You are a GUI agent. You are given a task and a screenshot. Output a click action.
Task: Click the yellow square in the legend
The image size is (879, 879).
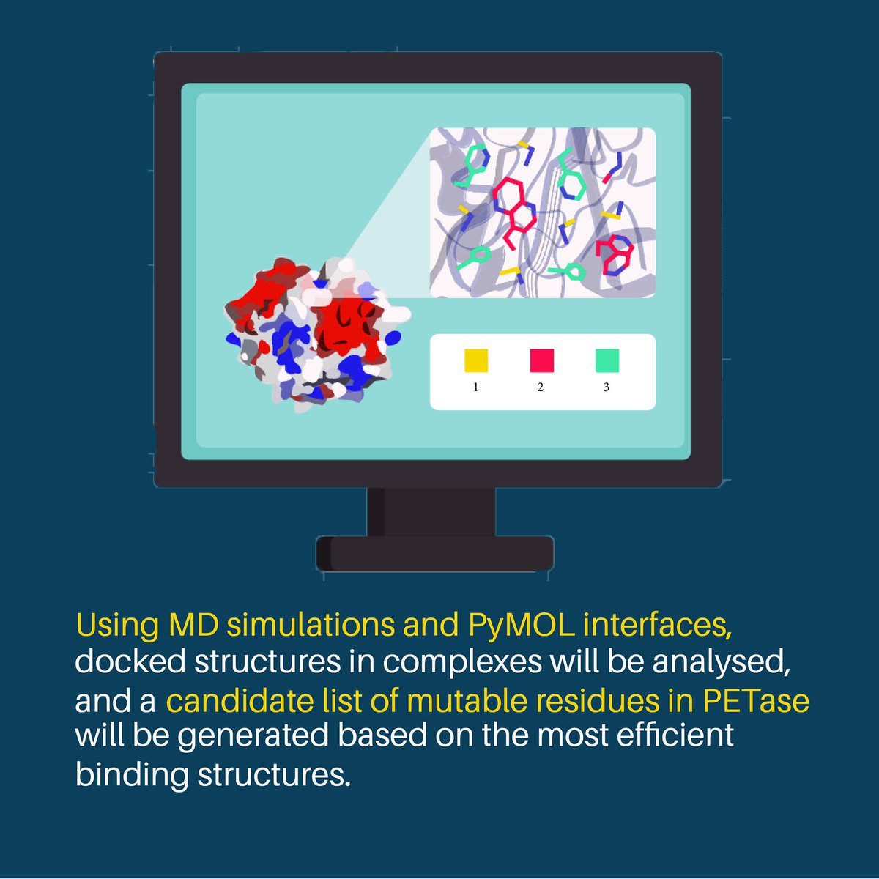click(x=476, y=360)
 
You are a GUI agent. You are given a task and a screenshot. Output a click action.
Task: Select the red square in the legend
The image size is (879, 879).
click(x=542, y=360)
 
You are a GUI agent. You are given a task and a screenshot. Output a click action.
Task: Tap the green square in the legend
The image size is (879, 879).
click(x=607, y=360)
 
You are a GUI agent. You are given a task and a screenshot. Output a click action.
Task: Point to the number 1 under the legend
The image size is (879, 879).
click(x=476, y=387)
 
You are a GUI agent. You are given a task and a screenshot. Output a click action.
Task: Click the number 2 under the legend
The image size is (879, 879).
click(x=541, y=387)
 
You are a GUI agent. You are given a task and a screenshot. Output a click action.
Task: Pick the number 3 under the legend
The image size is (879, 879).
click(x=607, y=387)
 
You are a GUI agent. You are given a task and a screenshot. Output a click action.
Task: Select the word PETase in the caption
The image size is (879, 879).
click(x=756, y=700)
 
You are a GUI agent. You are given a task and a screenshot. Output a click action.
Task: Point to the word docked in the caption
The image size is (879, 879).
click(x=130, y=661)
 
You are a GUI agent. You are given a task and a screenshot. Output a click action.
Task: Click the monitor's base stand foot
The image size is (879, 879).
click(x=435, y=554)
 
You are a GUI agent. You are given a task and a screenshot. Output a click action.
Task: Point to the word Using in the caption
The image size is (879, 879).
click(x=117, y=625)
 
